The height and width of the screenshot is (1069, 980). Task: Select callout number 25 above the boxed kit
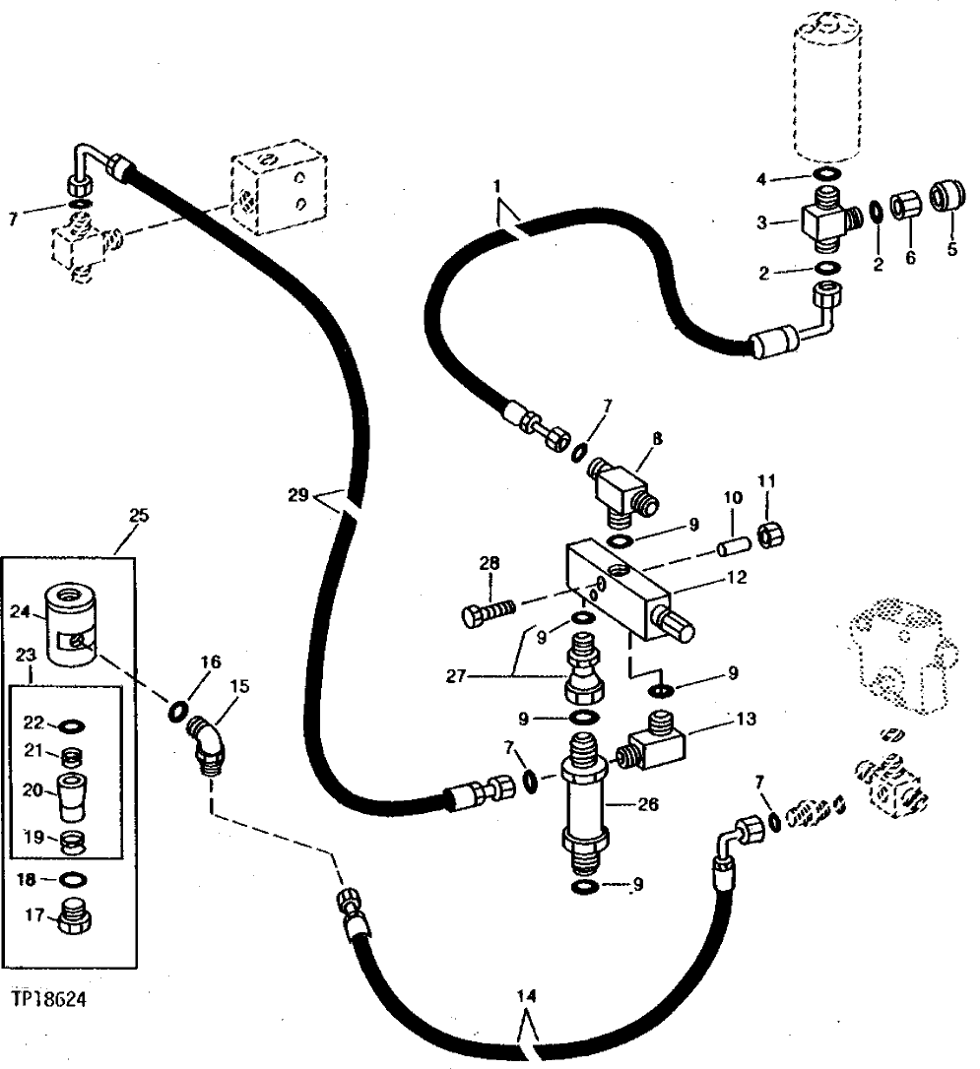138,515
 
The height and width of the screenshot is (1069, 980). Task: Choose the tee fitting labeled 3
822,223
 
